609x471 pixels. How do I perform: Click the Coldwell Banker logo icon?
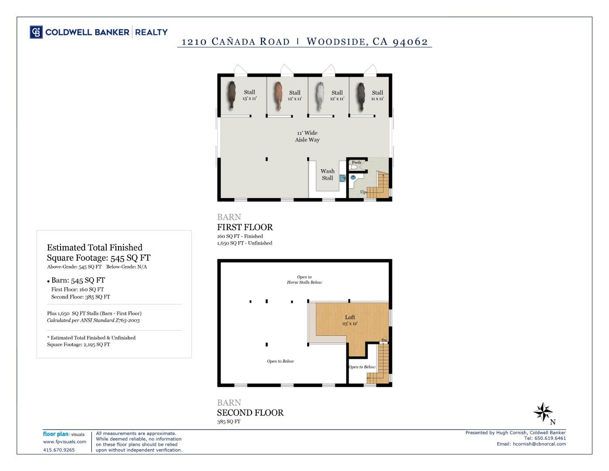click(x=36, y=32)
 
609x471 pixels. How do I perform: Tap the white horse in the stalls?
click(x=320, y=96)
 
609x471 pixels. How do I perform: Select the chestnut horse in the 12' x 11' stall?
click(x=278, y=96)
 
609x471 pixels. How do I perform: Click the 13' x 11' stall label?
click(x=250, y=95)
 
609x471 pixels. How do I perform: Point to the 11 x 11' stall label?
click(x=377, y=96)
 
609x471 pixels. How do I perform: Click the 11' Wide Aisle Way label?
click(x=307, y=137)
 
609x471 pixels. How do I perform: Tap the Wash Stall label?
click(x=327, y=174)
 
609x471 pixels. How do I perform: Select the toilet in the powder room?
click(x=354, y=167)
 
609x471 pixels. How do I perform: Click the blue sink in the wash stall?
click(x=342, y=178)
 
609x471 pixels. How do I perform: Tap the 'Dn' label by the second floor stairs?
click(x=384, y=340)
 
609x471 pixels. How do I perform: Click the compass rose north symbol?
click(x=543, y=412)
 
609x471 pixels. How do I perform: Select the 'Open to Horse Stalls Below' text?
click(x=304, y=280)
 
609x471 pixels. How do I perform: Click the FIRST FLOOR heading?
click(x=245, y=227)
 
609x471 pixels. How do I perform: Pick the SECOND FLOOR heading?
click(x=250, y=413)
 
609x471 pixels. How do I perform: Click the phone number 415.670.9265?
click(x=59, y=450)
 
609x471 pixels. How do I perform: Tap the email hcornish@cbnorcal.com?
click(x=539, y=444)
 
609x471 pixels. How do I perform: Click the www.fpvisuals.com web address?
click(x=64, y=442)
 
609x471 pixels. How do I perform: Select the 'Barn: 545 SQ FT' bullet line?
click(x=78, y=280)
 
